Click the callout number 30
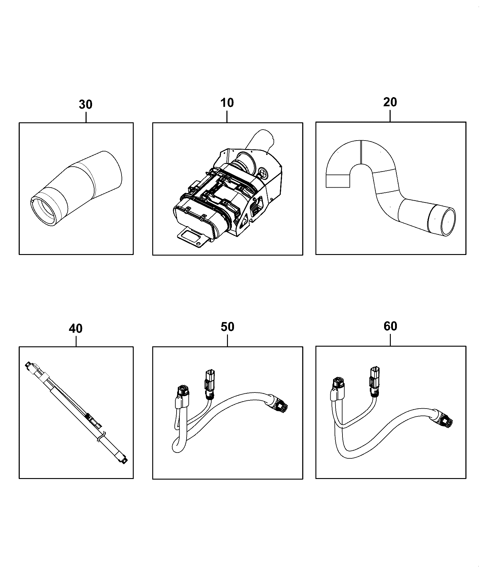click(x=85, y=104)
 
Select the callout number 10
click(x=227, y=103)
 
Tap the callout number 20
click(x=390, y=102)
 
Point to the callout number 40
click(x=76, y=328)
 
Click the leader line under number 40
click(x=76, y=340)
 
